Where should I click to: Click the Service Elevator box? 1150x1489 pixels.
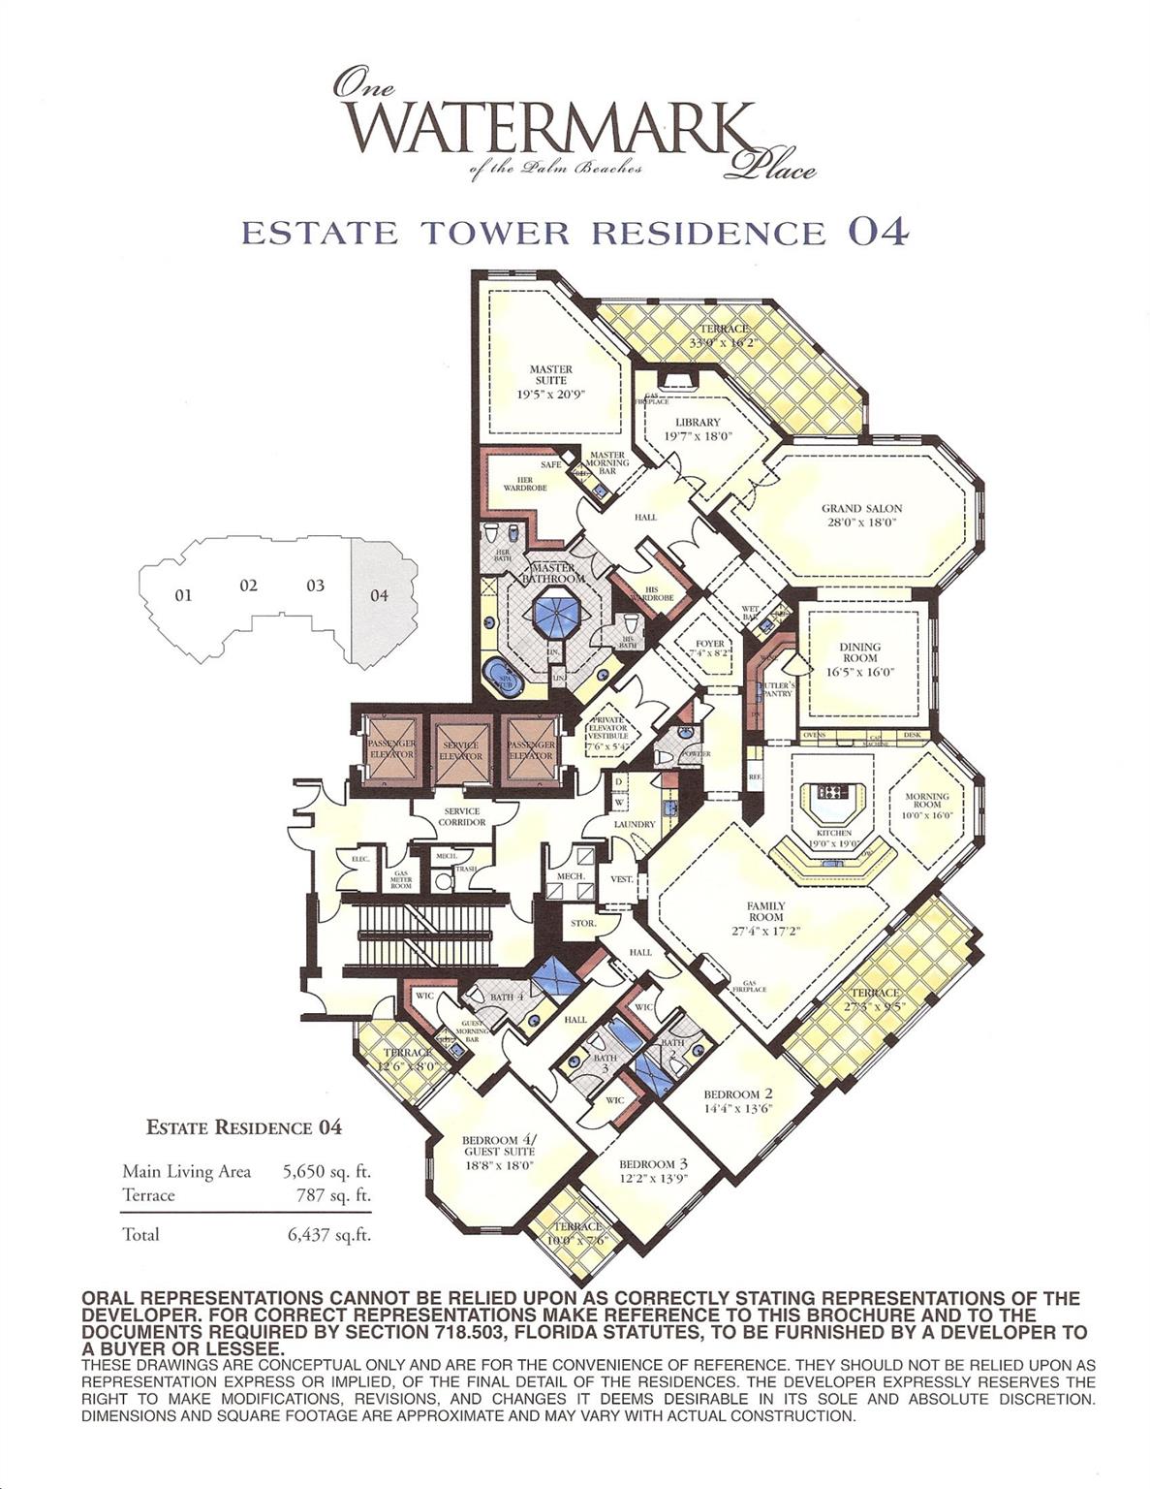461,750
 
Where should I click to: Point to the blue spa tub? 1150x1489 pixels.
502,677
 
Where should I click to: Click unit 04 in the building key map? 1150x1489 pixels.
380,595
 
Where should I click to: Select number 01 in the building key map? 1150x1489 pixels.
183,595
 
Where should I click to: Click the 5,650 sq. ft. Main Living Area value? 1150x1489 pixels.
326,1171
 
